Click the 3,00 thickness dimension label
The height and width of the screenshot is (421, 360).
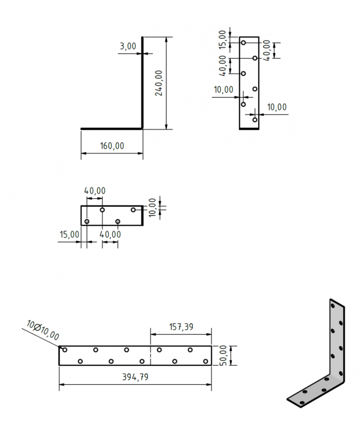pyautogui.click(x=128, y=46)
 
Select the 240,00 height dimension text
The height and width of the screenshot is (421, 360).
pyautogui.click(x=159, y=83)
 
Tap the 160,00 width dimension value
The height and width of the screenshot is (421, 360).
pyautogui.click(x=112, y=146)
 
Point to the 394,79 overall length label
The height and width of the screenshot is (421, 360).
pyautogui.click(x=135, y=377)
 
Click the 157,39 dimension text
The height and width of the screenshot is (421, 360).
pyautogui.click(x=181, y=327)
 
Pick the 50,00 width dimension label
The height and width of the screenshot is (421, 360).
pyautogui.click(x=223, y=355)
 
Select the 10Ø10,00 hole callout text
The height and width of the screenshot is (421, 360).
pyautogui.click(x=43, y=330)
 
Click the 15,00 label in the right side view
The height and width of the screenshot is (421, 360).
pyautogui.click(x=222, y=39)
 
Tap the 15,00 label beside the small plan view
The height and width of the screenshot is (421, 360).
pyautogui.click(x=69, y=234)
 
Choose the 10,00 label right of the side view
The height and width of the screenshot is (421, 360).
pyautogui.click(x=277, y=107)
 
